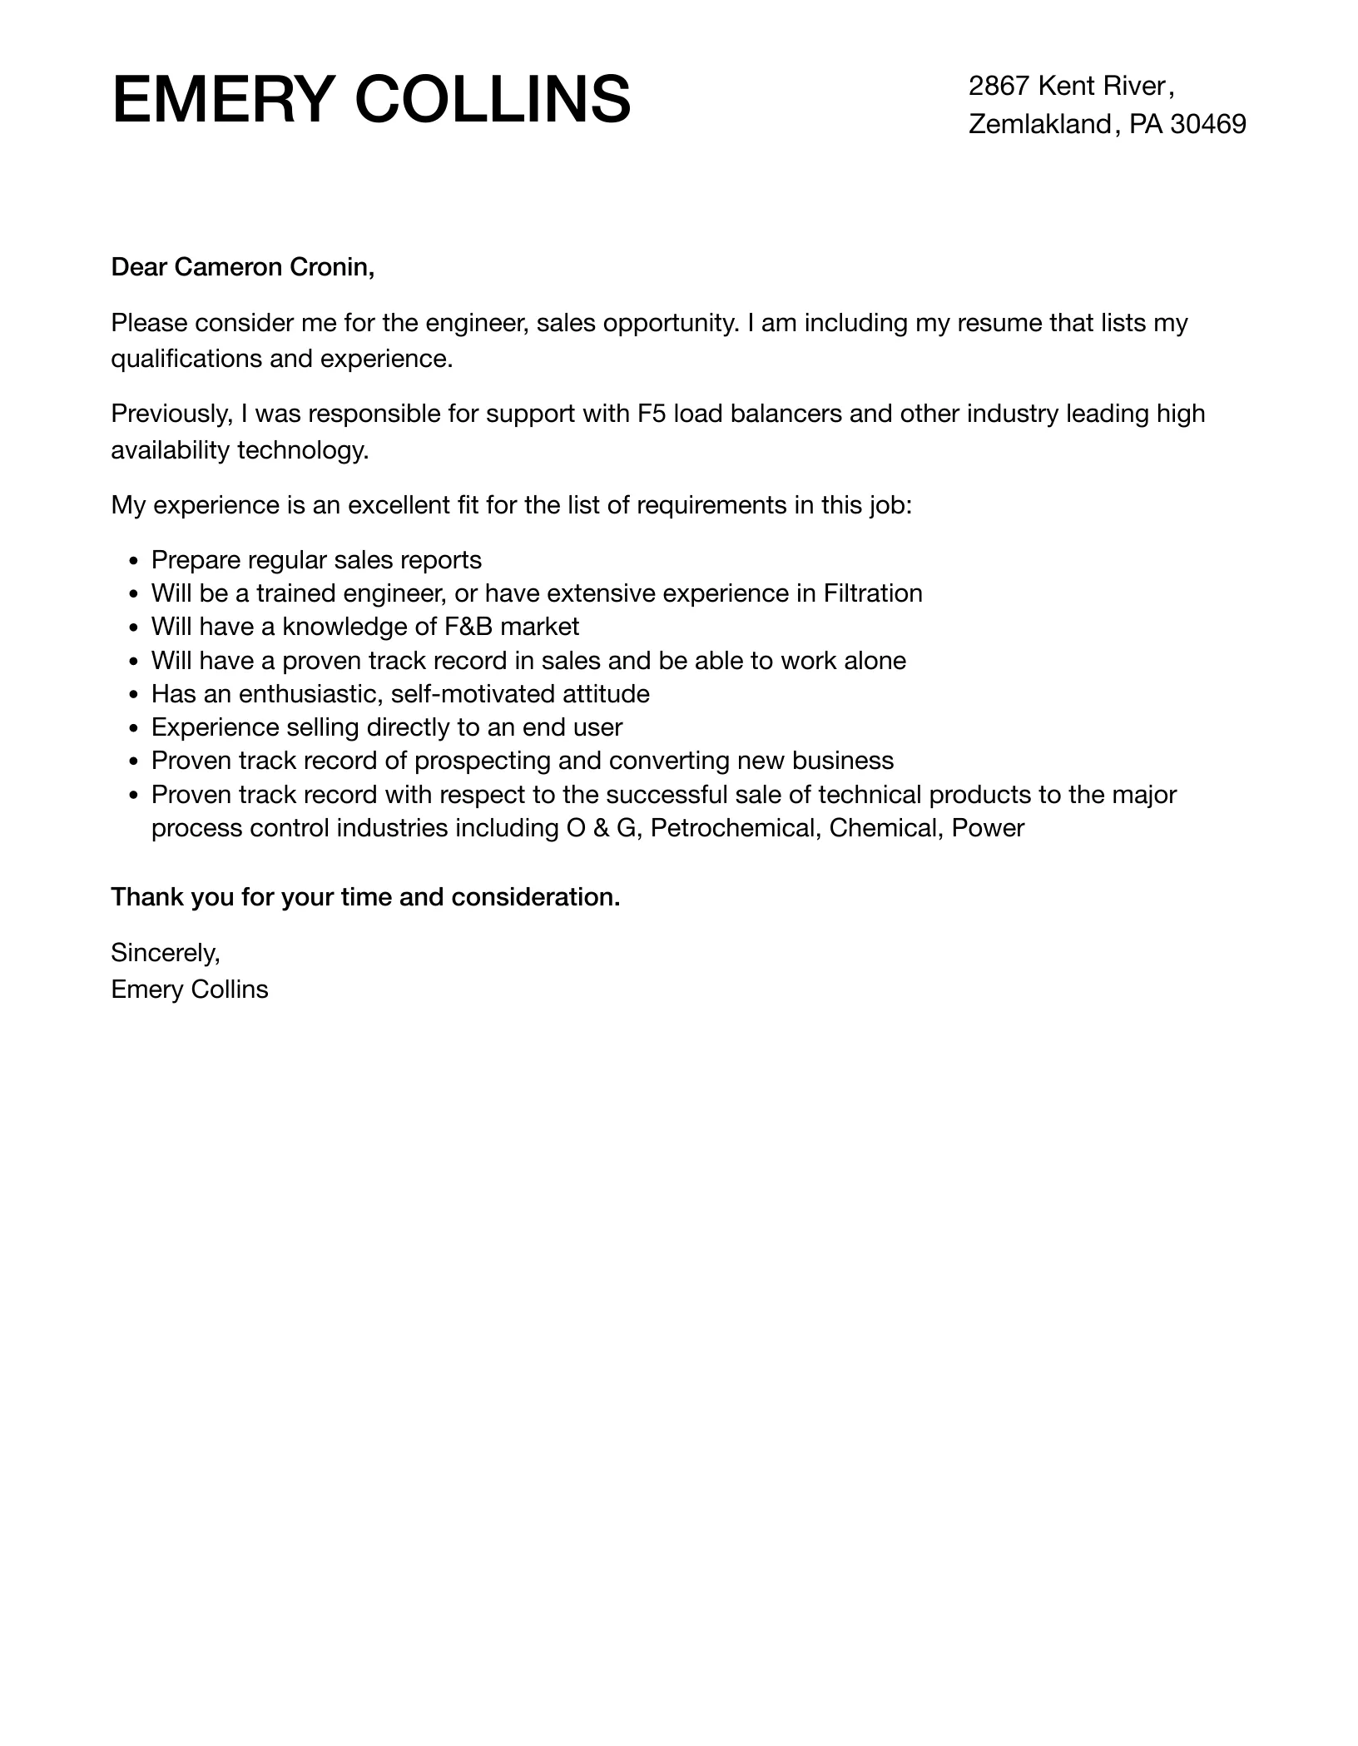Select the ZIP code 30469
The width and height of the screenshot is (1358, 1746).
click(1208, 124)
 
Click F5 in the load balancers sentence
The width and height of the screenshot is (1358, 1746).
click(652, 414)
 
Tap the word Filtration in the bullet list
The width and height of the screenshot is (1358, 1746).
click(873, 593)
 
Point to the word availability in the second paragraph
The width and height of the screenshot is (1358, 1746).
click(171, 450)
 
